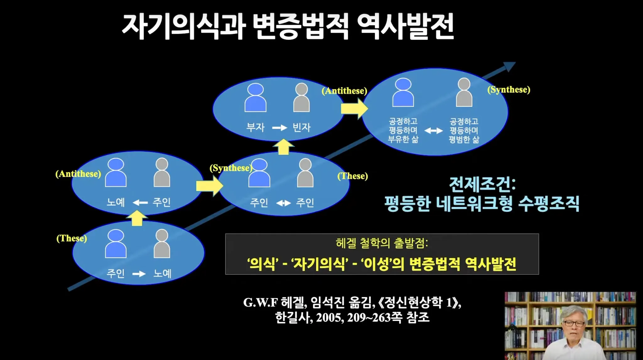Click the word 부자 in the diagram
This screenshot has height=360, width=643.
(255, 127)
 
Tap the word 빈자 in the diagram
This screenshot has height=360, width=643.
(301, 127)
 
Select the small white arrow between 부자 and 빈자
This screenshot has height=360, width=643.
(279, 128)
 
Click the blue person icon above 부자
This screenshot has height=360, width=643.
(255, 98)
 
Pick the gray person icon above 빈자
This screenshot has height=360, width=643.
(301, 98)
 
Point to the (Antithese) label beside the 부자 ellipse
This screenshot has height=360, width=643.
(344, 91)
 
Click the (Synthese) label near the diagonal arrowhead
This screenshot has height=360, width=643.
(509, 89)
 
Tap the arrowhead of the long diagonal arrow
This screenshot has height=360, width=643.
(509, 67)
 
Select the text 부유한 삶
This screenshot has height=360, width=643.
(403, 139)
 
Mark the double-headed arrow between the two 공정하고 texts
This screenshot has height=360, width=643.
(434, 131)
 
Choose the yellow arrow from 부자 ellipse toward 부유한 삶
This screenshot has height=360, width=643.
(354, 109)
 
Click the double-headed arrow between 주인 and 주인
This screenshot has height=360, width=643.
(283, 203)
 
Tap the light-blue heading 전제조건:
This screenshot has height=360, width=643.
(482, 184)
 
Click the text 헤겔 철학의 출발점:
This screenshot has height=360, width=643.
(382, 243)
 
